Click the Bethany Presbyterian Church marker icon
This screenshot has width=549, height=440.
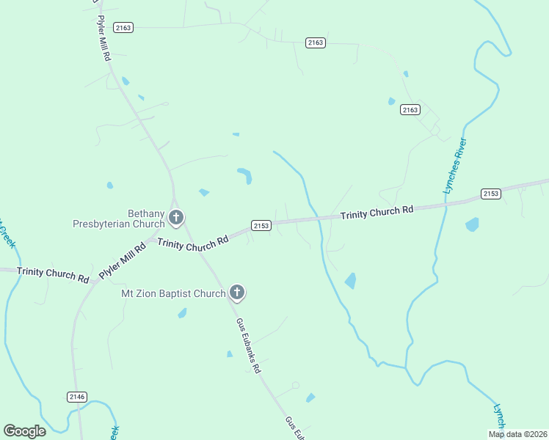coord(175,217)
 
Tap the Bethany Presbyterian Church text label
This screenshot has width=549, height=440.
coord(119,219)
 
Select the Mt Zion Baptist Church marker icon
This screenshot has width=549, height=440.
coord(236,293)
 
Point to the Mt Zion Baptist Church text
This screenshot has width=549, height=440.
coord(173,294)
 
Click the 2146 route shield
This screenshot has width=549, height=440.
coord(77,397)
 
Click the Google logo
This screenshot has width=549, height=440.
coord(24,431)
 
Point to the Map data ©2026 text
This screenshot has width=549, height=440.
coord(517,434)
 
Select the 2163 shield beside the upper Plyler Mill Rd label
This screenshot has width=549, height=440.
coord(123,27)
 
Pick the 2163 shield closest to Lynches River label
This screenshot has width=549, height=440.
coord(410,109)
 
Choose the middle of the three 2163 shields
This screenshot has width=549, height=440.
coord(316,43)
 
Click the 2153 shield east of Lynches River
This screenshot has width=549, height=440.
coord(491,194)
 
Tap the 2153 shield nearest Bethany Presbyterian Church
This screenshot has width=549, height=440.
coord(261,225)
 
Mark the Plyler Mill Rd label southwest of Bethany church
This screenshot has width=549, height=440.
coord(123,261)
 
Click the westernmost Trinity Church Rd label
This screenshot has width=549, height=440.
coord(53,274)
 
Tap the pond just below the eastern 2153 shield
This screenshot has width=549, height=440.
coord(472,224)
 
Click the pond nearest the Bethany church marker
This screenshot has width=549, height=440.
coord(204,193)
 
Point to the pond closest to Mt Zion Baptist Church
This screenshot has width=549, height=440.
coord(182,313)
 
